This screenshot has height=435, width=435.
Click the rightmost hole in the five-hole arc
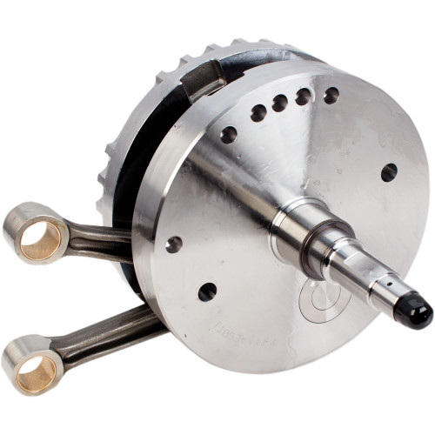tap(331, 94)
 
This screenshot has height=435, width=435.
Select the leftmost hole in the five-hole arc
tap(229, 134)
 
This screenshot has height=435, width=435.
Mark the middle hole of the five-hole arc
tap(279, 104)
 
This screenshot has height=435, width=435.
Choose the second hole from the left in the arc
tap(258, 112)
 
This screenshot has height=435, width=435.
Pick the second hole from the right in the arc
tap(303, 97)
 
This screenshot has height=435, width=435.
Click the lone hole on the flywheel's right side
tap(388, 172)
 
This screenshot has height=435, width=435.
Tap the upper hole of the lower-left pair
tap(174, 244)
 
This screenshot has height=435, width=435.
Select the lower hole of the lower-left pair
tap(207, 291)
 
